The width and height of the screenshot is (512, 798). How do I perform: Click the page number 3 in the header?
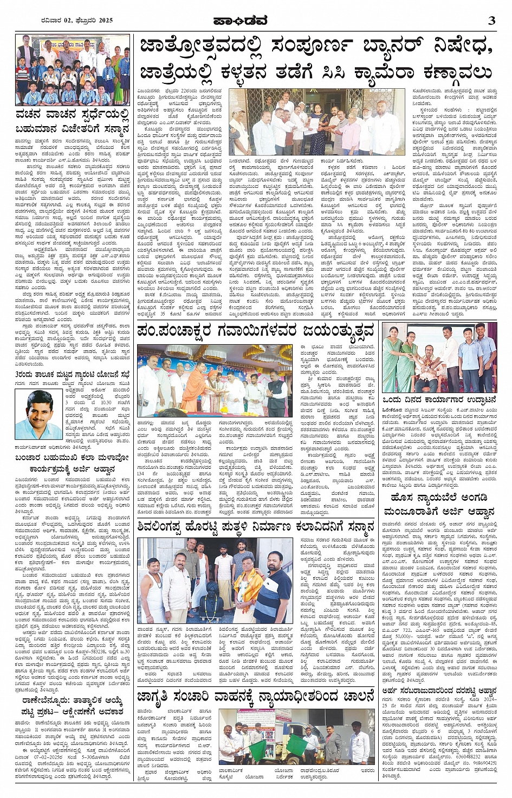(491, 21)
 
